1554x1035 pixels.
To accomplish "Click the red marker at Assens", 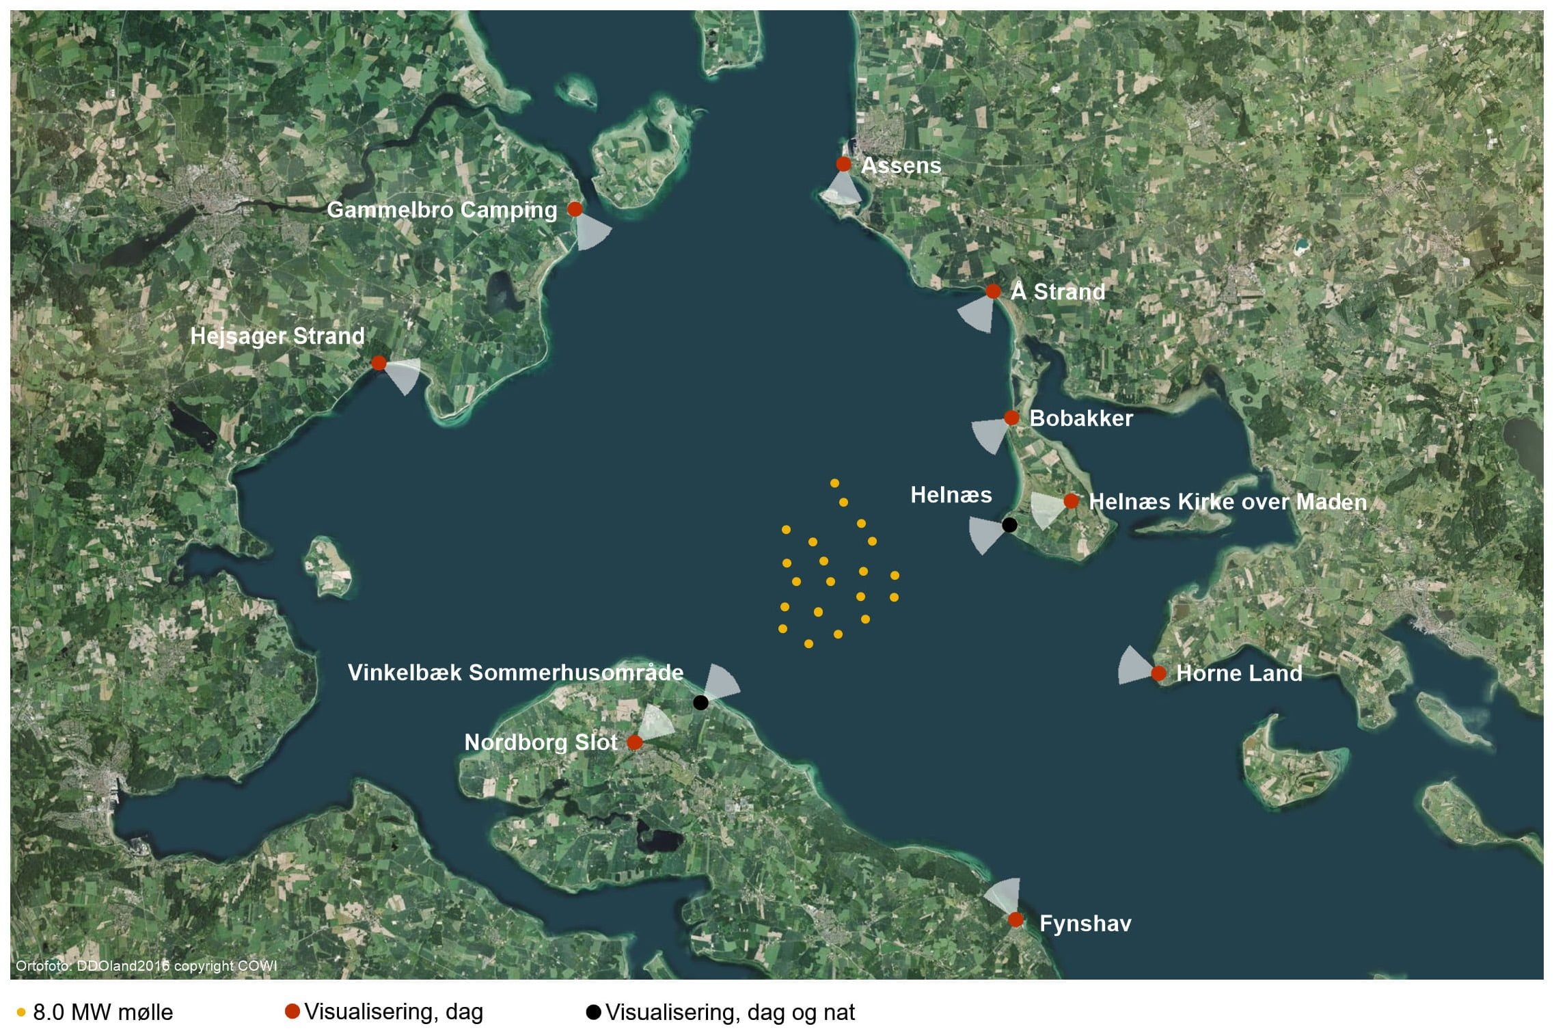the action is tap(843, 164).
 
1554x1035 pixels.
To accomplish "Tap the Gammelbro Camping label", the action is tap(441, 210).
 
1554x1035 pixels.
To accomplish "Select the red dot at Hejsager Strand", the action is tap(379, 362).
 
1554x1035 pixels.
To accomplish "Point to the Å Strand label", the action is tap(1058, 292).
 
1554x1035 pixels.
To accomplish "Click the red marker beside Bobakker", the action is tap(1011, 418).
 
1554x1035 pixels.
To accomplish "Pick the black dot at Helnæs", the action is tap(1009, 525).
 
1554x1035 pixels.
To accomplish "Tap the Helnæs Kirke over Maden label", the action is tap(1227, 502).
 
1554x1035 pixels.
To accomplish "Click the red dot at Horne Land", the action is tap(1158, 673).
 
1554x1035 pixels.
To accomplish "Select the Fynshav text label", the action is tap(1085, 924).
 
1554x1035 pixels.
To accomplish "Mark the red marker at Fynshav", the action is tap(1015, 919).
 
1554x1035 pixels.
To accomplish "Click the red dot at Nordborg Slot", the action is tap(634, 742).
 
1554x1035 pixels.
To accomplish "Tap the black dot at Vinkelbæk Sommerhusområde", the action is tap(700, 702).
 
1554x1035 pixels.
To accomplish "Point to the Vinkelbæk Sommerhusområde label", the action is tap(515, 673).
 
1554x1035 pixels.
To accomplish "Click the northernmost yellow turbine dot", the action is tap(834, 483).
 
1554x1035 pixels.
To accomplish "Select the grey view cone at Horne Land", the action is tap(1134, 666).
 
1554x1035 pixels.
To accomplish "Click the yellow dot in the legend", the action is tap(21, 1013).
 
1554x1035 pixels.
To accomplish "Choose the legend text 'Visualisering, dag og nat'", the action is tap(730, 1012).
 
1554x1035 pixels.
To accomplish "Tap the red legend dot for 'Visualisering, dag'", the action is tap(292, 1012).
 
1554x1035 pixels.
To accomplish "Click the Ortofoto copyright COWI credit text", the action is tap(146, 966).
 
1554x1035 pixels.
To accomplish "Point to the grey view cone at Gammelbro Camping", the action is tap(592, 232).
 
